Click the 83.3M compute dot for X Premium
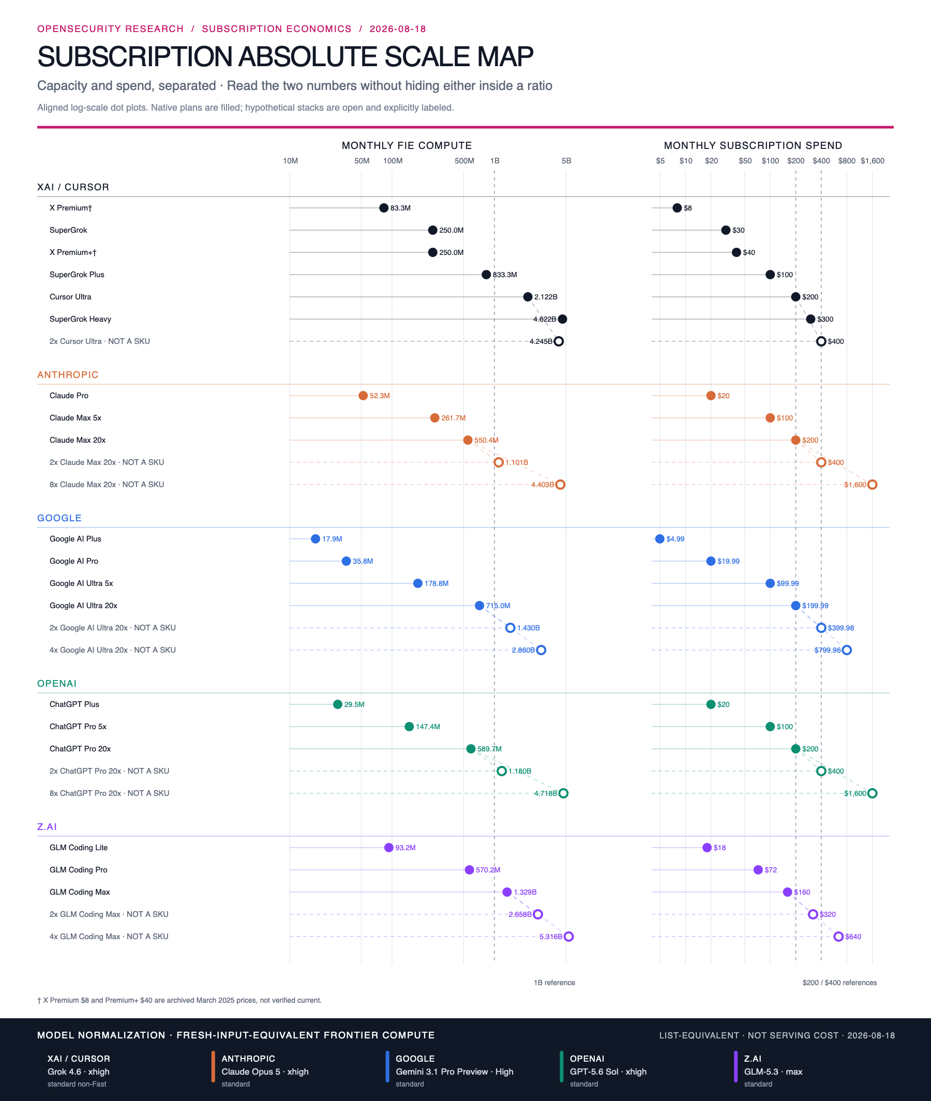(x=384, y=208)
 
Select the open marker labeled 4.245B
(x=559, y=341)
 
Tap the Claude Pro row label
(x=69, y=396)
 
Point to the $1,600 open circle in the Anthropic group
(x=873, y=484)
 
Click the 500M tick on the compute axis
(x=464, y=161)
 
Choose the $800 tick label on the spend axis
(x=847, y=161)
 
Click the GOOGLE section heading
(x=59, y=518)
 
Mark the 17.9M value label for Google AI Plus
(x=333, y=539)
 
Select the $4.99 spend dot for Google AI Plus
(x=660, y=539)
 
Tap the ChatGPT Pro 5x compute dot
(x=409, y=727)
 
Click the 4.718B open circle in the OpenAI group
(x=564, y=793)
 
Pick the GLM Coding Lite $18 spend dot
(x=707, y=847)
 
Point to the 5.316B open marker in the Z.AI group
(x=569, y=937)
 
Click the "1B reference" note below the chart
(x=554, y=982)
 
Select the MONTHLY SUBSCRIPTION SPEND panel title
(x=753, y=146)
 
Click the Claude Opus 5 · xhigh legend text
(x=265, y=1072)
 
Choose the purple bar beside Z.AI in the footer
(x=735, y=1067)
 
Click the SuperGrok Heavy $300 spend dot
(x=810, y=319)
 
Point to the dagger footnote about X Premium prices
(x=179, y=1000)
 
